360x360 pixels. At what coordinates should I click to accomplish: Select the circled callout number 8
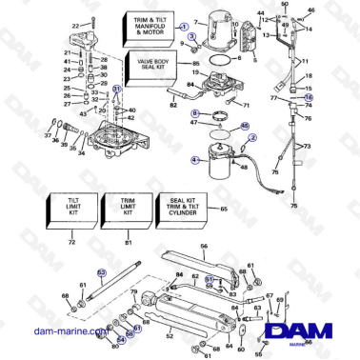click(195, 113)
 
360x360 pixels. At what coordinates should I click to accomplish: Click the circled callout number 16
click(308, 96)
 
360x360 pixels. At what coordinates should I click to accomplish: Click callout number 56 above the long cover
click(203, 246)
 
